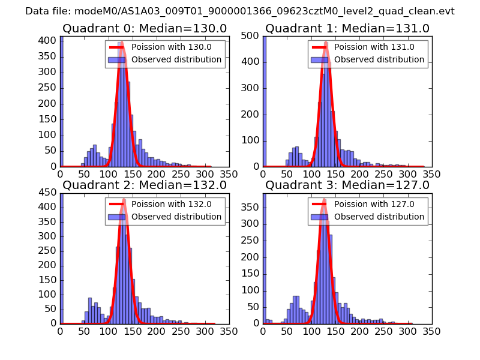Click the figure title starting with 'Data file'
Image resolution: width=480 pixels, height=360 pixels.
240,11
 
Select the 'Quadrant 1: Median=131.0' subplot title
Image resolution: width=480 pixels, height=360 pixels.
347,29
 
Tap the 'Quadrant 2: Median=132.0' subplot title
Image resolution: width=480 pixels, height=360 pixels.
145,185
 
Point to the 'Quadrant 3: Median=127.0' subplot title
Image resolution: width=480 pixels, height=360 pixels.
347,185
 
